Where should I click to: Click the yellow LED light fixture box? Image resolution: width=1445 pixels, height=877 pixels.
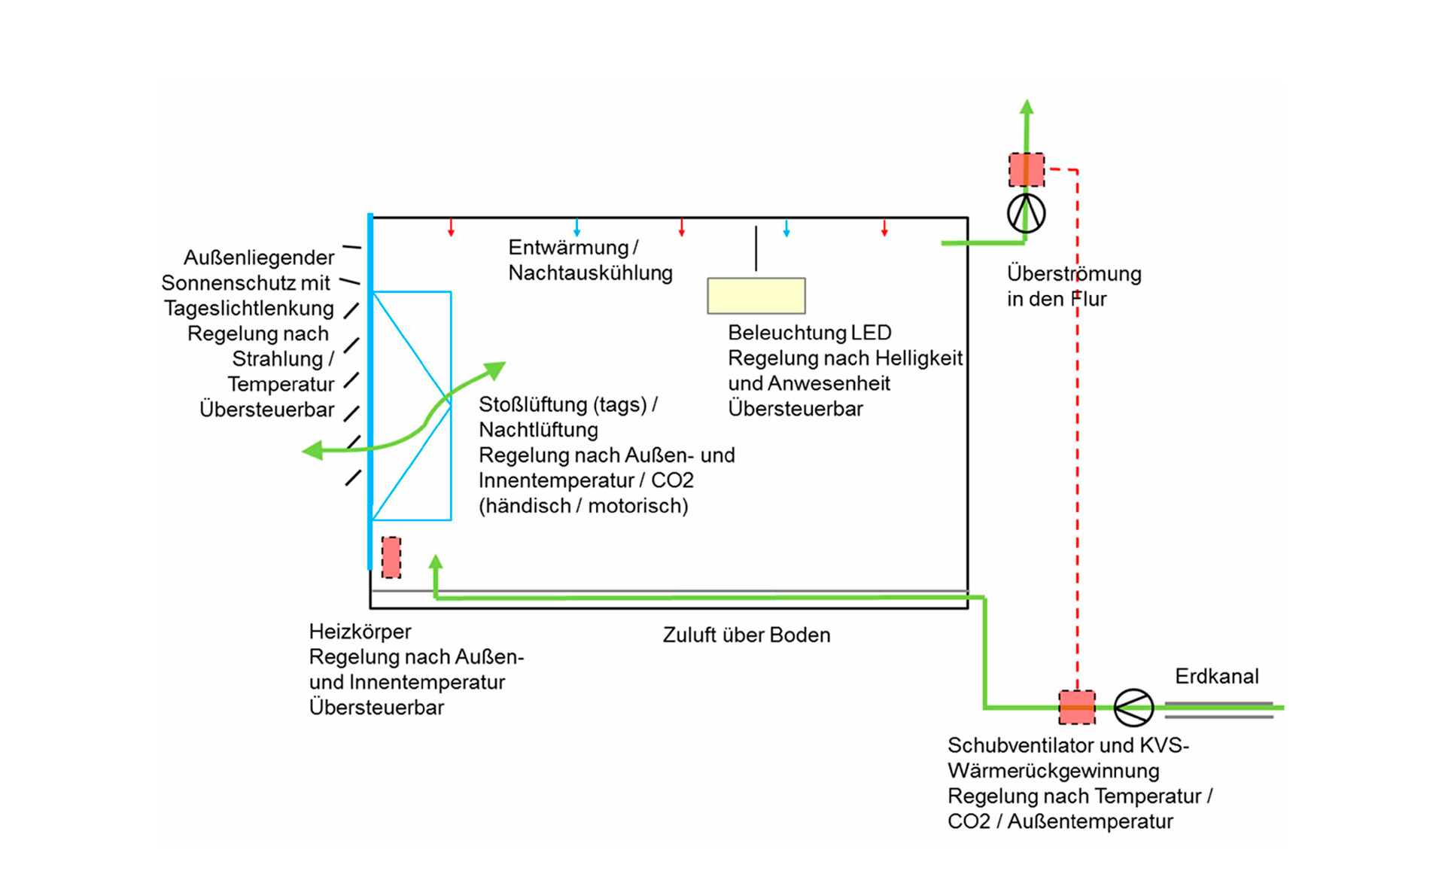pos(756,296)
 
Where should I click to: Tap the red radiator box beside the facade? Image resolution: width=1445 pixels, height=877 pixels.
pos(391,557)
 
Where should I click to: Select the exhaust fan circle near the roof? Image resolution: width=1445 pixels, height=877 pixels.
pos(1026,213)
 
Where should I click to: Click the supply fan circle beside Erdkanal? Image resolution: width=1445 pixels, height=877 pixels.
pos(1133,708)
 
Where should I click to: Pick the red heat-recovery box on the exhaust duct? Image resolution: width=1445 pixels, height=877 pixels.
pos(1026,169)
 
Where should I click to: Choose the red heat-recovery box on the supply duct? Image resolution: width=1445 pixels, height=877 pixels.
pos(1077,707)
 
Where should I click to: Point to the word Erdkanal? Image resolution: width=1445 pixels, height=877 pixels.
pos(1216,676)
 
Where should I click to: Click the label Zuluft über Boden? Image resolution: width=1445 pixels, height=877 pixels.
pos(746,635)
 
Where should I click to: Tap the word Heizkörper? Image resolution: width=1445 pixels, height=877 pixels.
pos(360,631)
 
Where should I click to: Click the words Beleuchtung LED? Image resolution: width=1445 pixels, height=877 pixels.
pos(809,332)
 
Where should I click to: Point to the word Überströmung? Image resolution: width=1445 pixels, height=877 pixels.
pos(1074,273)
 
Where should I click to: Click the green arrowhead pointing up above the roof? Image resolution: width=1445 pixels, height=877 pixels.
pos(1027,107)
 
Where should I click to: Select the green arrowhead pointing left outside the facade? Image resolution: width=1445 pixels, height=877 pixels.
pos(312,450)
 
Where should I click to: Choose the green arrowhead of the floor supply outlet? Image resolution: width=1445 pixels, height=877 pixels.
pos(436,562)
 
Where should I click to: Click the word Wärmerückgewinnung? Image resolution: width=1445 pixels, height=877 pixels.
pos(1053,771)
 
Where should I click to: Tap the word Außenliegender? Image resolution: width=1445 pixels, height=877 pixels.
pos(259,257)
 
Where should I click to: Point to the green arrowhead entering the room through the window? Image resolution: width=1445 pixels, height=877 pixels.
pos(496,369)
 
